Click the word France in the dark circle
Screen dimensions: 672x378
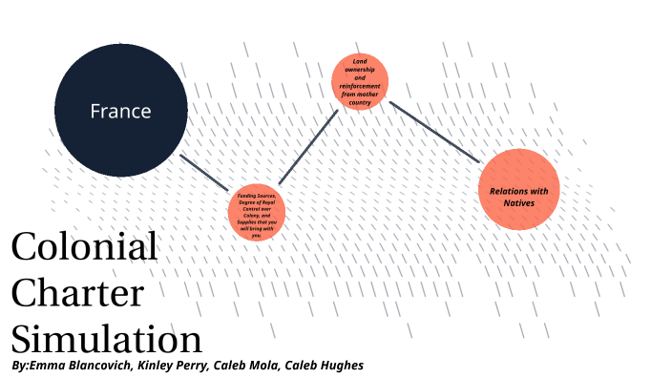[120, 111]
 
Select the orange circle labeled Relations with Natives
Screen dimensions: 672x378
[518, 189]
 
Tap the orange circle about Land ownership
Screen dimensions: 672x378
[360, 81]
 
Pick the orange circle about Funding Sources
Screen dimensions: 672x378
[256, 213]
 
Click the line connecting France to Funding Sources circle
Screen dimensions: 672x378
[203, 169]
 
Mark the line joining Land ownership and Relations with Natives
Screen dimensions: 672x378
[434, 131]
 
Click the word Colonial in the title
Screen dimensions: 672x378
[84, 247]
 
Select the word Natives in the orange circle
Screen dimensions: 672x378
[519, 202]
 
